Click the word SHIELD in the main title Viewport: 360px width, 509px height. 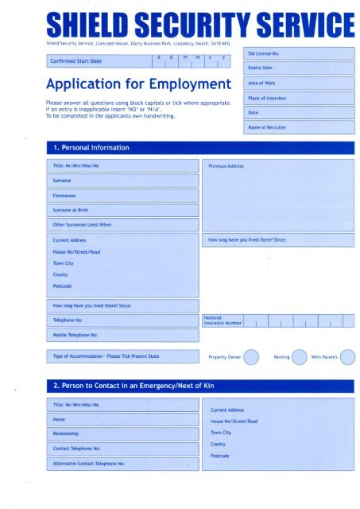point(90,25)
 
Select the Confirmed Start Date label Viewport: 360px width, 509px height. point(75,61)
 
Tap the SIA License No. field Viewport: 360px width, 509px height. point(298,53)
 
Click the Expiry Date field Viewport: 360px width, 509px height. point(298,68)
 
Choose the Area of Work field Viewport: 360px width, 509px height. point(298,83)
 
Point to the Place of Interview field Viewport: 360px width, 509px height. point(298,98)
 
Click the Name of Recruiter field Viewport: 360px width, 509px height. point(298,127)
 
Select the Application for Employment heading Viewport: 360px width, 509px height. point(133,84)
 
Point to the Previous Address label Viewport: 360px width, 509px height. point(226,166)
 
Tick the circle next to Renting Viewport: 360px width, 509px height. point(300,356)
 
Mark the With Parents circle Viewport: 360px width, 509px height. point(347,356)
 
